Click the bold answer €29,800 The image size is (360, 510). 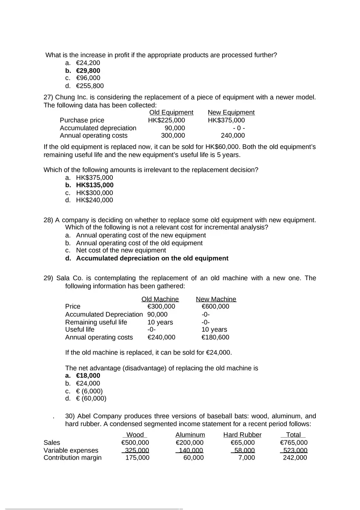(88, 71)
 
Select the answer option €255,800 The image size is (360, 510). (90, 86)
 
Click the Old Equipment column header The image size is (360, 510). (171, 112)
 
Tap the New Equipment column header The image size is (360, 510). (231, 112)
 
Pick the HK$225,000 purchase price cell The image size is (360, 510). (166, 120)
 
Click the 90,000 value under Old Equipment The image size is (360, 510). (175, 128)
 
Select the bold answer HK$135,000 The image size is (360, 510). (94, 185)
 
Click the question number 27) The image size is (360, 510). (49, 97)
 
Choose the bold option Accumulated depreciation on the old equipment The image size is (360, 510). (152, 258)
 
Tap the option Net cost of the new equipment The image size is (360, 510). (121, 250)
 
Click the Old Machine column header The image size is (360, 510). (160, 299)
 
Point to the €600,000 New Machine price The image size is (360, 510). (215, 307)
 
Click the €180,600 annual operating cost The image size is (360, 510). (215, 337)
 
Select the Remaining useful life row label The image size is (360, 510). (96, 322)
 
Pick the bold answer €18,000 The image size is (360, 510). (88, 375)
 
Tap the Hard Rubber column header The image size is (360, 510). (242, 435)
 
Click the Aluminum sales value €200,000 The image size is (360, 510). (189, 443)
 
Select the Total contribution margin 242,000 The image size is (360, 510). (295, 458)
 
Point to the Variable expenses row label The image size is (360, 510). (71, 450)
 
